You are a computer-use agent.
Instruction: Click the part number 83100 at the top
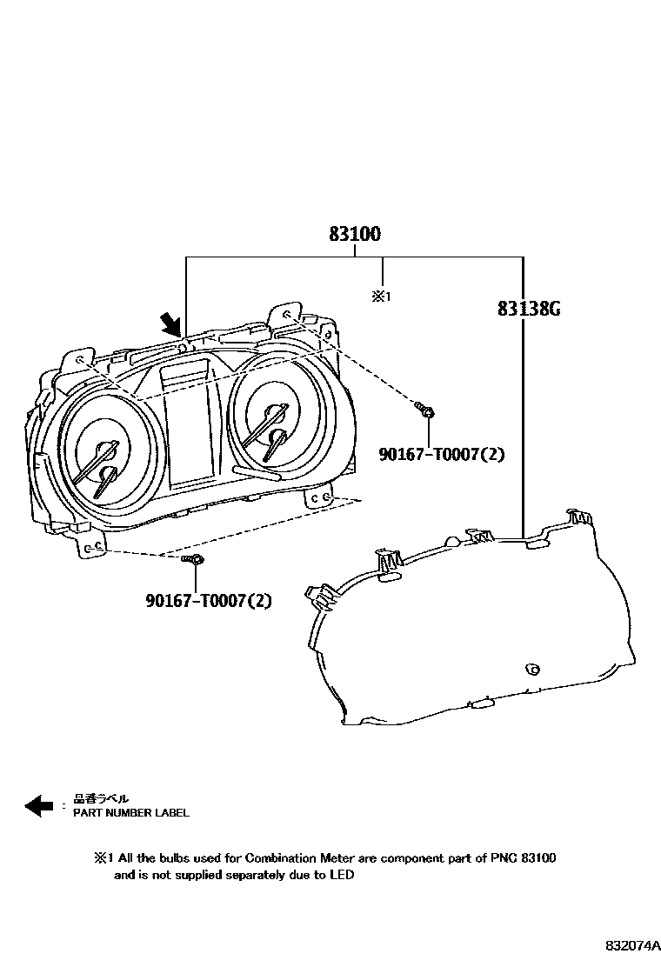click(x=355, y=235)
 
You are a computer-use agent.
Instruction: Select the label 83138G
click(x=528, y=309)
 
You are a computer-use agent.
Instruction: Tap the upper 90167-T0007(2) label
click(x=441, y=454)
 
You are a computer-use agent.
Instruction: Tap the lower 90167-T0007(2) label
click(x=209, y=600)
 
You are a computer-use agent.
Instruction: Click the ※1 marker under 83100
click(x=382, y=297)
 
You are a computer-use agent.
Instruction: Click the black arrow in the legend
click(x=39, y=806)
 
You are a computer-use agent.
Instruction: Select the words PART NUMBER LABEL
click(x=130, y=813)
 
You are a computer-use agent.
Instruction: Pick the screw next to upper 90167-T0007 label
click(x=425, y=408)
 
